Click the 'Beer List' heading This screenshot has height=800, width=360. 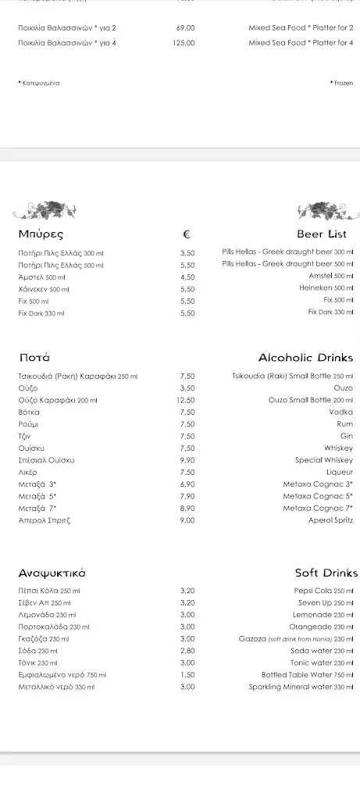tap(321, 234)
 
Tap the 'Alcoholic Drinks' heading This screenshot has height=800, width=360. tap(305, 357)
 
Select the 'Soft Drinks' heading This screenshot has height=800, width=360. tap(326, 573)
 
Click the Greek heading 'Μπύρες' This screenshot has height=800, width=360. tap(41, 234)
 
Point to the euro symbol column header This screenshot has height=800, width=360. tap(187, 234)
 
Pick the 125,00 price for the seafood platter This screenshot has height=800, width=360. tap(184, 43)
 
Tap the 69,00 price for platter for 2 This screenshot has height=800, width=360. tap(186, 28)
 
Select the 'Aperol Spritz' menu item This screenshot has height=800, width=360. tap(330, 520)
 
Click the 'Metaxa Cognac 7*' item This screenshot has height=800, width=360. tap(318, 508)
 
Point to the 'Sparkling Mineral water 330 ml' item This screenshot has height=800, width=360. tap(301, 687)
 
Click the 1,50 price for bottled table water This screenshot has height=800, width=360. tap(187, 674)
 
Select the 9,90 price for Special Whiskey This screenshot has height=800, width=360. tap(187, 460)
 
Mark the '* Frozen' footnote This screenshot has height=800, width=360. tap(341, 82)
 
